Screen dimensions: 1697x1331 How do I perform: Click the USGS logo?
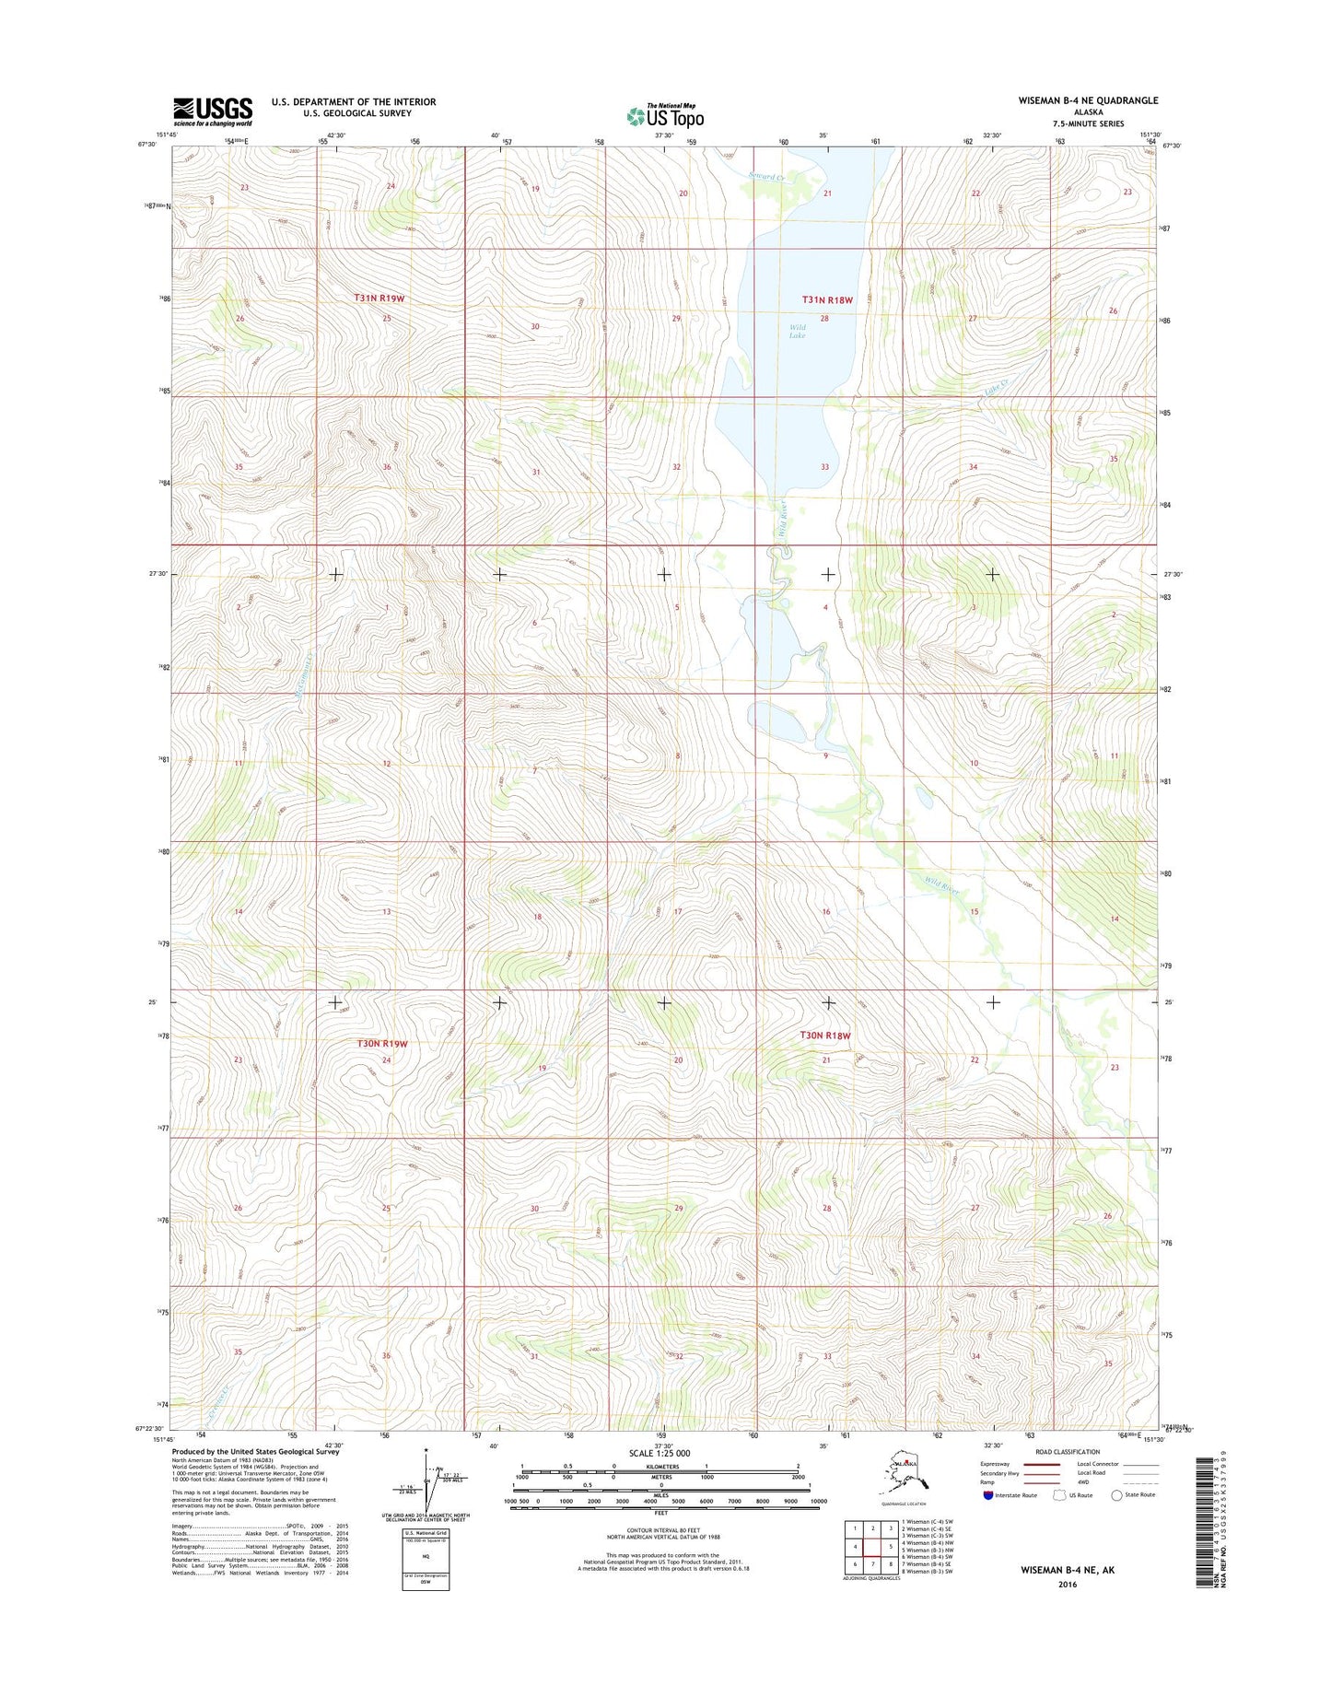click(x=213, y=111)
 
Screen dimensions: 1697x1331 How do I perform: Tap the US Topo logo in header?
click(x=665, y=115)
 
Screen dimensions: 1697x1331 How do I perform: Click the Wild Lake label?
click(x=798, y=331)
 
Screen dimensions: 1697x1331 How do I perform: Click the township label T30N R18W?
click(x=826, y=1036)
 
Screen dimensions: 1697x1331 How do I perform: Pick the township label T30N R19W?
click(x=381, y=1044)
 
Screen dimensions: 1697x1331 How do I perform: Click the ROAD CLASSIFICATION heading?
click(x=1068, y=1451)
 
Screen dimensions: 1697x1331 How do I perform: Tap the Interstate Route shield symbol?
click(x=988, y=1494)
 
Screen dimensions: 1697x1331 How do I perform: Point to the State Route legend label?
click(x=1139, y=1494)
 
